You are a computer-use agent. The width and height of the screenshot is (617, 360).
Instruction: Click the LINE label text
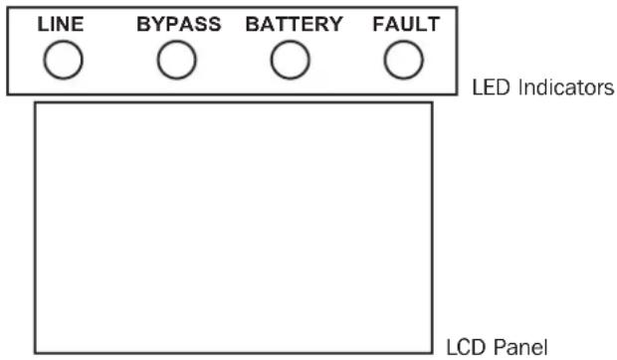click(x=61, y=25)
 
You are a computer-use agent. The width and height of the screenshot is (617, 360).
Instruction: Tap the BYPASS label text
click(x=178, y=25)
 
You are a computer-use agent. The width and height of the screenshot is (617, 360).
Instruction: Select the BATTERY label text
click(x=294, y=25)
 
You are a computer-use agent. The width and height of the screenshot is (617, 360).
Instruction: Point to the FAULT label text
click(x=405, y=25)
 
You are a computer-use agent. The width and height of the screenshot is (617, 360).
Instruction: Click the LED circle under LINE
click(x=62, y=62)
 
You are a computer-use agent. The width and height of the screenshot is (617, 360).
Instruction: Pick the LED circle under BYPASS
click(x=177, y=62)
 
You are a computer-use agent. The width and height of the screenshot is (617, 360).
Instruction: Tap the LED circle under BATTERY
click(x=291, y=62)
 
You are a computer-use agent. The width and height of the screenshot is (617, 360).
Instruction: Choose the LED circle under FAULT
click(x=403, y=62)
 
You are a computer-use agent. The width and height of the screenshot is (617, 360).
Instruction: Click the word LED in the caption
click(x=486, y=89)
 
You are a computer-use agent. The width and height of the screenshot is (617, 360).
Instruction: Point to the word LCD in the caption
click(x=462, y=347)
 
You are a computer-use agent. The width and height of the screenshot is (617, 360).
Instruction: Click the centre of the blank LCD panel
click(x=234, y=228)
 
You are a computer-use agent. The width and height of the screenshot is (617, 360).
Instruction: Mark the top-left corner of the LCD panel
click(x=36, y=102)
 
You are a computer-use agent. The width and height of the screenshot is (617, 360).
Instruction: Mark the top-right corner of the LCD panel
click(x=432, y=102)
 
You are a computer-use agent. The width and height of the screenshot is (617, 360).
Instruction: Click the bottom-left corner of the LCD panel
click(x=36, y=353)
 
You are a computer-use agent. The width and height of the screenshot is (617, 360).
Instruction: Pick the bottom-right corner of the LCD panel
click(x=432, y=353)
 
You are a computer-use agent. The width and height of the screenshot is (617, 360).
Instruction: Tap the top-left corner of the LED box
click(x=8, y=8)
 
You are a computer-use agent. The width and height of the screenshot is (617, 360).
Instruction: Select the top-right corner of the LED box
click(x=458, y=8)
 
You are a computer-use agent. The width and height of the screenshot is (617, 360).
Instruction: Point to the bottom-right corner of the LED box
click(x=458, y=94)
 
